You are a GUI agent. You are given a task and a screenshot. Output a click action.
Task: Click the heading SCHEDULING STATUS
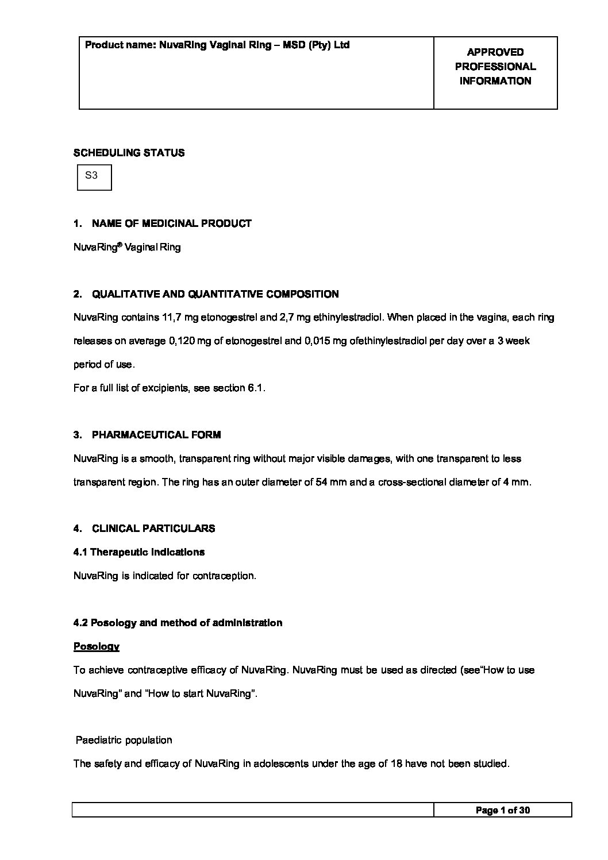pyautogui.click(x=129, y=153)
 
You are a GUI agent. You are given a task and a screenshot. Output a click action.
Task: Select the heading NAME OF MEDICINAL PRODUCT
pyautogui.click(x=171, y=223)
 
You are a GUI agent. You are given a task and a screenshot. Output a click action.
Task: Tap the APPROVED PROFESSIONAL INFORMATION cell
pyautogui.click(x=495, y=67)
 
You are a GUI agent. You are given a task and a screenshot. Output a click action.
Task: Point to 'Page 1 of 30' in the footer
pyautogui.click(x=502, y=810)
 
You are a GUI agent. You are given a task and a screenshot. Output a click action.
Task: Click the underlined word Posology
pyautogui.click(x=97, y=646)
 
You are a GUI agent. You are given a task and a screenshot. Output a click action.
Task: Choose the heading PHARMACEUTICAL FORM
pyautogui.click(x=156, y=435)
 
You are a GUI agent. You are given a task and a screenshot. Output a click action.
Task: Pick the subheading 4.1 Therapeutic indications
pyautogui.click(x=139, y=552)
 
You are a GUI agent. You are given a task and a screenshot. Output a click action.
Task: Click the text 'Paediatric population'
pyautogui.click(x=124, y=740)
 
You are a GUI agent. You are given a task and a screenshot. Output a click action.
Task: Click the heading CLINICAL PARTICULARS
pyautogui.click(x=153, y=529)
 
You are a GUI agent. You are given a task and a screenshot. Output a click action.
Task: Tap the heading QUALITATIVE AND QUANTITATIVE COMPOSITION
pyautogui.click(x=215, y=294)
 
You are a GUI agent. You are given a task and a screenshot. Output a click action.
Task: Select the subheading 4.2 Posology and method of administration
pyautogui.click(x=178, y=623)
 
